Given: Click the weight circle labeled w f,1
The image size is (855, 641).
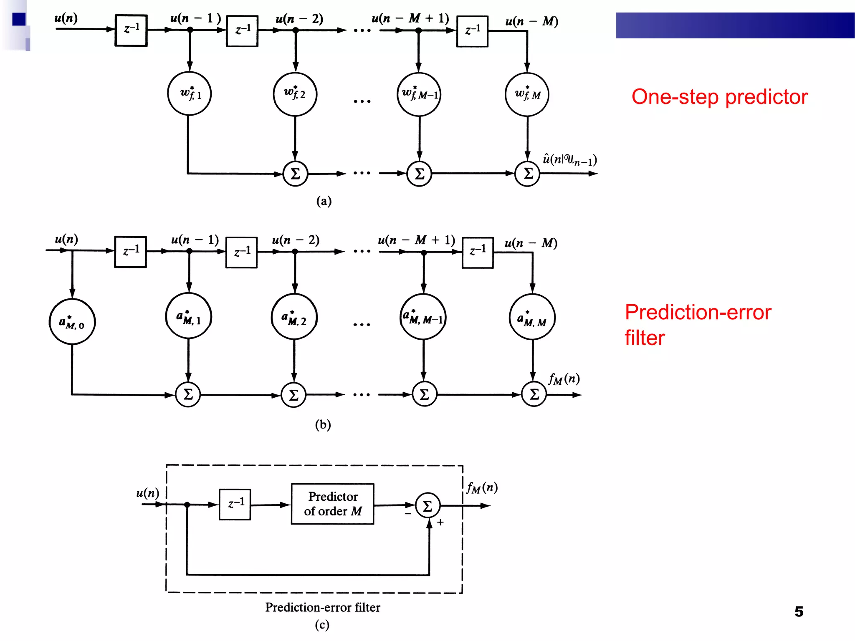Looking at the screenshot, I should (190, 94).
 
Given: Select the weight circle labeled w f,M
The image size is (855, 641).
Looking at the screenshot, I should (527, 95).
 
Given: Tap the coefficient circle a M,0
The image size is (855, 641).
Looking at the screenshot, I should (72, 322).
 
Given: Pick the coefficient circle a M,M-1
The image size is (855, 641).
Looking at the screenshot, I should (423, 317).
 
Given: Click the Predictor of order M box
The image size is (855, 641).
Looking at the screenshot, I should (332, 504).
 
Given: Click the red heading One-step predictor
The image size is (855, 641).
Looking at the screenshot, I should (719, 97).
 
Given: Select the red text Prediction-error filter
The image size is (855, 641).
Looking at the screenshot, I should (698, 325).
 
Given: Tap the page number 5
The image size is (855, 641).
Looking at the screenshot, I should (799, 611).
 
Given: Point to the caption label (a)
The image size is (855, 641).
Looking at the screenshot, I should (324, 201).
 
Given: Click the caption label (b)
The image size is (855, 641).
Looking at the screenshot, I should (323, 424).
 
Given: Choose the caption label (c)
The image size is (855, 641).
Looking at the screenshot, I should (322, 625).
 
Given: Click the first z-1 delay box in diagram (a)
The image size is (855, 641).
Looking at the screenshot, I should (131, 30).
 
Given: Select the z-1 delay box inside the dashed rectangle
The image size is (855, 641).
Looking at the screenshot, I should (235, 504).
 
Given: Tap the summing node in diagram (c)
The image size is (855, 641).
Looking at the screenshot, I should (428, 506).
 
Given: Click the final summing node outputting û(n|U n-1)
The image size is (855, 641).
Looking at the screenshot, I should (527, 174).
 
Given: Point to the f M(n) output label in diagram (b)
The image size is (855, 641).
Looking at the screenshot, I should (564, 379).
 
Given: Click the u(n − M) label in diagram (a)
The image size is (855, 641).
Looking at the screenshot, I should (531, 21).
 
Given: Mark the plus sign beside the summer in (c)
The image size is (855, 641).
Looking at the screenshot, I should (440, 522).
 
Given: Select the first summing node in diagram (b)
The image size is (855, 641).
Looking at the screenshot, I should (188, 394).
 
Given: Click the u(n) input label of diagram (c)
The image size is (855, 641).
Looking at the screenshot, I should (148, 493).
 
